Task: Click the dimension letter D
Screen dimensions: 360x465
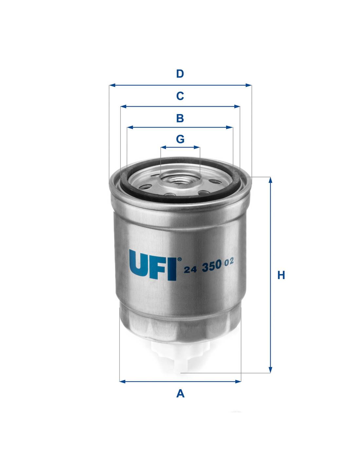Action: coord(180,74)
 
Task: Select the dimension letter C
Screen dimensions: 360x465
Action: coord(180,96)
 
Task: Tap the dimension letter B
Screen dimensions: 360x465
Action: coord(180,118)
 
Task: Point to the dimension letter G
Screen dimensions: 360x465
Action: coord(180,139)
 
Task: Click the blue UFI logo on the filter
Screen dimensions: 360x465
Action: coord(153,265)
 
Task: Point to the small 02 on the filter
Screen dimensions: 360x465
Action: coord(229,262)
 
